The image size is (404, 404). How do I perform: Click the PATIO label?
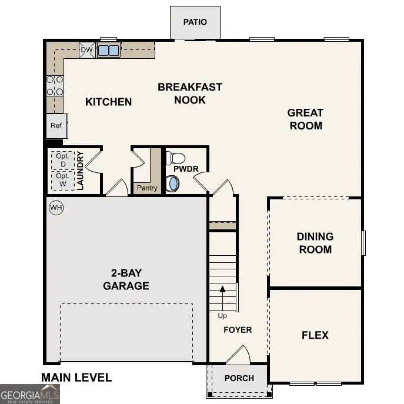point(195,22)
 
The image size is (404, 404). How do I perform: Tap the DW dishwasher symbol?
point(86,51)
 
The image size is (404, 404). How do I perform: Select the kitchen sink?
point(108,51)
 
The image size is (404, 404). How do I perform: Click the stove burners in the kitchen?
point(55,85)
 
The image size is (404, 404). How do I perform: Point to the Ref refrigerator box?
point(56,126)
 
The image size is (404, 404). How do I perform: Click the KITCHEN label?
point(109,102)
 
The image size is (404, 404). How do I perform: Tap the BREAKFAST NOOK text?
point(190,94)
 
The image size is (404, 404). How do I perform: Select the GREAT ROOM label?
point(305,119)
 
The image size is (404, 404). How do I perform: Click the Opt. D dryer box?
point(63,160)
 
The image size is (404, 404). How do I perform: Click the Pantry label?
point(147,188)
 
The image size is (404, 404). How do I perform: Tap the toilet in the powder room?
point(176,158)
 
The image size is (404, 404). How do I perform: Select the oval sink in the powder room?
point(173,184)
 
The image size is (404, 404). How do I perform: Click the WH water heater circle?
point(56,208)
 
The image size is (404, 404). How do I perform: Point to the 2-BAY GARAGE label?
point(126,279)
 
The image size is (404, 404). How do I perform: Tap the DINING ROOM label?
point(315,243)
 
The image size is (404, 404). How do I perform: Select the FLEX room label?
point(315,335)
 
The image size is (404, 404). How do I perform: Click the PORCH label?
point(239,378)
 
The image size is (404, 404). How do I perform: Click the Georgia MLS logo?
point(29,393)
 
